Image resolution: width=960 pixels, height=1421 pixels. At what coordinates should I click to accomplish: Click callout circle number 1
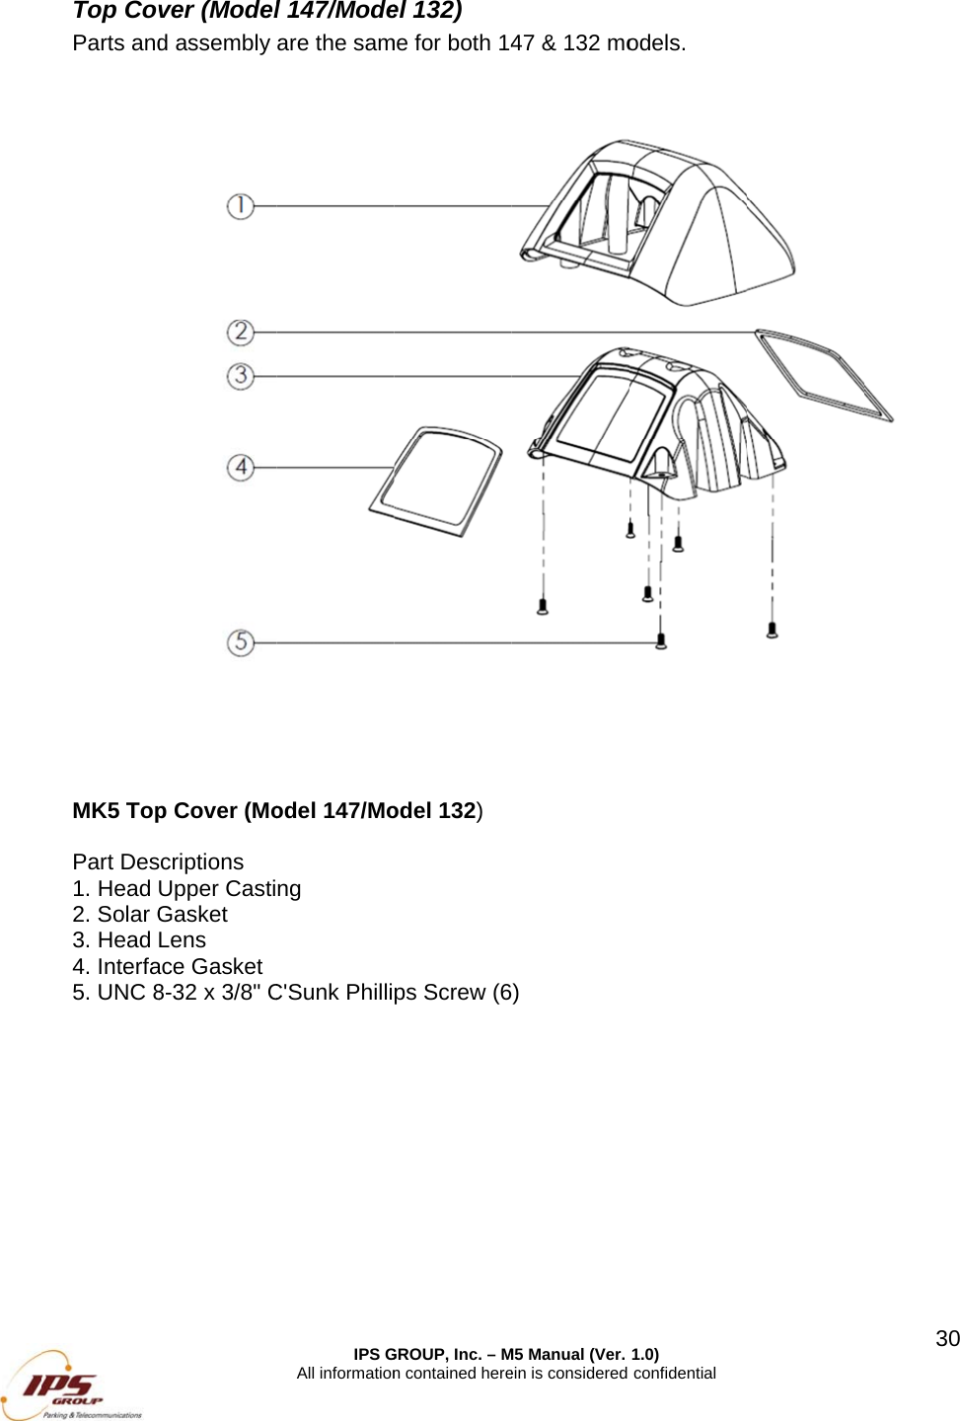[241, 206]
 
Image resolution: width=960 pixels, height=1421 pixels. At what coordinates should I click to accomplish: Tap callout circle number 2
[241, 332]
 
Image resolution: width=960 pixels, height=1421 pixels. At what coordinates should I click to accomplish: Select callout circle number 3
[241, 376]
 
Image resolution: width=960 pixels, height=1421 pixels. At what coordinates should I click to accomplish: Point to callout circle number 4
[241, 467]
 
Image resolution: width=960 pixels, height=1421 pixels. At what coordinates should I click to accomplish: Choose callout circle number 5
[241, 642]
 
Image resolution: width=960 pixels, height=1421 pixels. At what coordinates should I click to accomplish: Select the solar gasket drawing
[824, 376]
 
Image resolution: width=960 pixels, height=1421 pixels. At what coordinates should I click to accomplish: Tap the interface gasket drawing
[436, 481]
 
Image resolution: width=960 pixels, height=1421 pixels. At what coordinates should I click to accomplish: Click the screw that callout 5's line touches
[661, 641]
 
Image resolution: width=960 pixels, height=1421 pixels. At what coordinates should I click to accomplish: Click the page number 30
[947, 1339]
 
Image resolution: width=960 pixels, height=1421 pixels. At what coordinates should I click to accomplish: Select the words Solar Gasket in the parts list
[163, 915]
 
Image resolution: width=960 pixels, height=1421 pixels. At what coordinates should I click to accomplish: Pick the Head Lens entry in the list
[151, 940]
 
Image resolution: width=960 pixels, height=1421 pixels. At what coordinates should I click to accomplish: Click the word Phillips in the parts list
[381, 993]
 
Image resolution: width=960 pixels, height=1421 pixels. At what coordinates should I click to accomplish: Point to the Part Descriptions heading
[158, 862]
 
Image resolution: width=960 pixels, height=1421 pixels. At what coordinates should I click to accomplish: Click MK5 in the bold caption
[96, 811]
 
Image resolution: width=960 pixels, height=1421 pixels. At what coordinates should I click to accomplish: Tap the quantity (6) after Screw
[506, 993]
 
